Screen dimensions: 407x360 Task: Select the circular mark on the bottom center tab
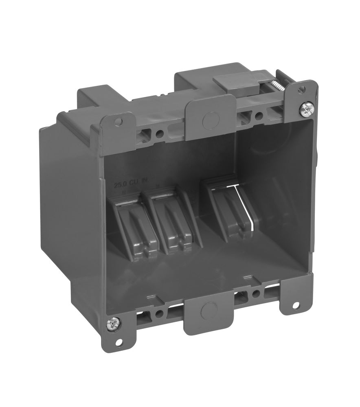tap(208, 311)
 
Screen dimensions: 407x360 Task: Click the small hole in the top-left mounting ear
tap(118, 122)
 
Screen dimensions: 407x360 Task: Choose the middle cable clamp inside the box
tap(171, 224)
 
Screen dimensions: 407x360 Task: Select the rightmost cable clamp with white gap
tap(226, 208)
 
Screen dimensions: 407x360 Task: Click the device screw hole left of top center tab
tap(160, 133)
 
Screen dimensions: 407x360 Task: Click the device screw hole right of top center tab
tap(258, 115)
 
